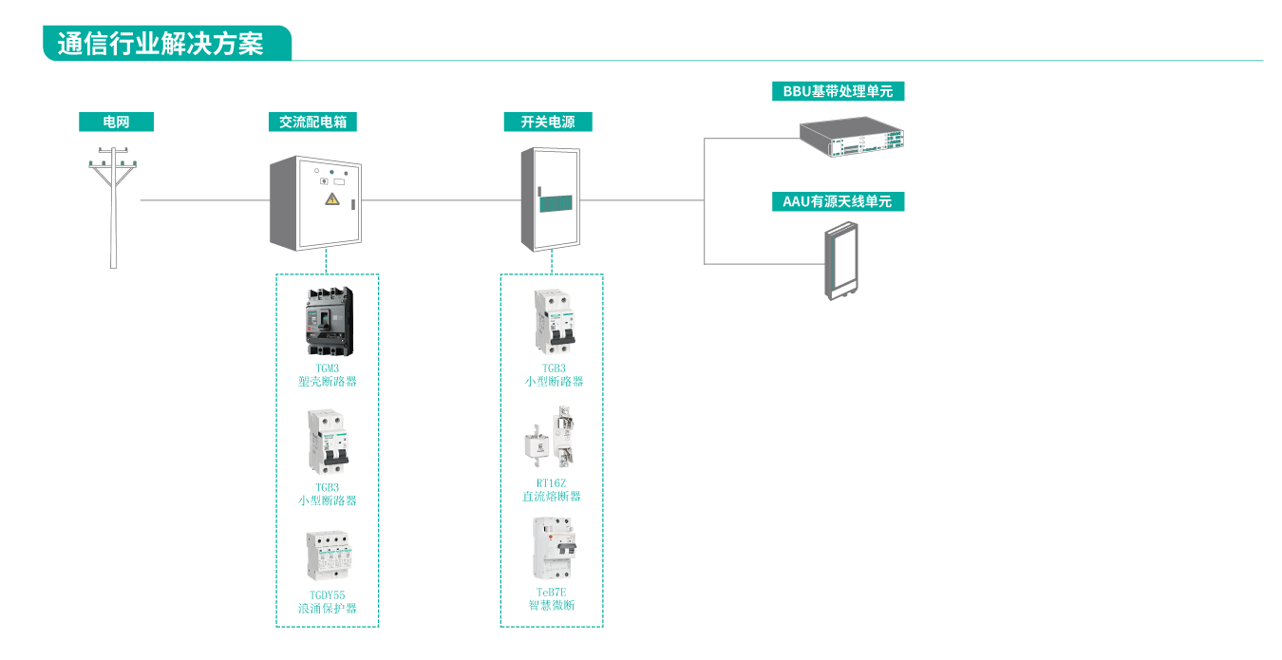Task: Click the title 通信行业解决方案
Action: [161, 44]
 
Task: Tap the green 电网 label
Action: [116, 122]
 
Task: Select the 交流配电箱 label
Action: [312, 122]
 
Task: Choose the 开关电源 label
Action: [547, 122]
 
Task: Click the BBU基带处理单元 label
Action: [838, 91]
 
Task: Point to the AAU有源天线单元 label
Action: [838, 201]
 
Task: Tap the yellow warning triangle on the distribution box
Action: [331, 198]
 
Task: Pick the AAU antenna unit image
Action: [839, 260]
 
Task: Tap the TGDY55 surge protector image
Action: [328, 556]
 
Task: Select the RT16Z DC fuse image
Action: [552, 440]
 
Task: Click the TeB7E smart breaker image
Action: [554, 549]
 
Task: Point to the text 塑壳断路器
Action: [328, 382]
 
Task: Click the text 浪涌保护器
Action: [328, 609]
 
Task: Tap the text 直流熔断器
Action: [552, 497]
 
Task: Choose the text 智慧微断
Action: [552, 605]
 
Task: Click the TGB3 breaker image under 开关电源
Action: [554, 323]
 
